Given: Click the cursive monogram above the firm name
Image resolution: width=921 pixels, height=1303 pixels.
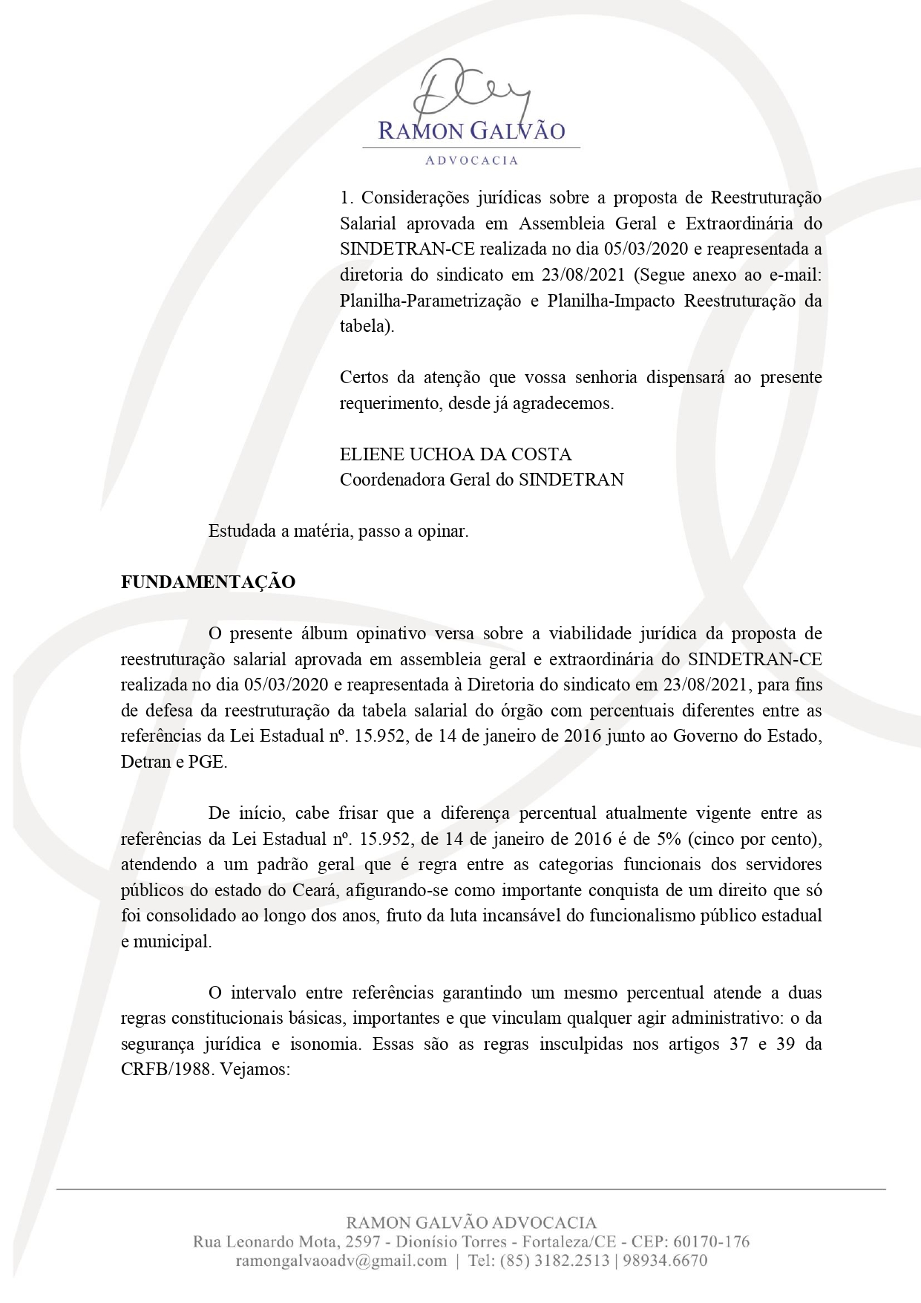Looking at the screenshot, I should (471, 88).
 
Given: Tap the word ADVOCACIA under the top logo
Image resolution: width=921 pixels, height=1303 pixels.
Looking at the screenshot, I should (471, 160).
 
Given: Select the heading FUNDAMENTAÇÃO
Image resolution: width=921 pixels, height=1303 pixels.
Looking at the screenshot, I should (208, 582).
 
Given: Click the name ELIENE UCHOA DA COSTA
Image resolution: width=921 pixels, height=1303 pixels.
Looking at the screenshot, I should (456, 454).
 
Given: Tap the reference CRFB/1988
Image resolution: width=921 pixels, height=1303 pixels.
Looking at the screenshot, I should (164, 1070).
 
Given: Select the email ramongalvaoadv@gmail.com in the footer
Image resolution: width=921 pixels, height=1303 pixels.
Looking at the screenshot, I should (341, 1261).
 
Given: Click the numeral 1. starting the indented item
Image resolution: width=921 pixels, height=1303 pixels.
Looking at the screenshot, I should (345, 198).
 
